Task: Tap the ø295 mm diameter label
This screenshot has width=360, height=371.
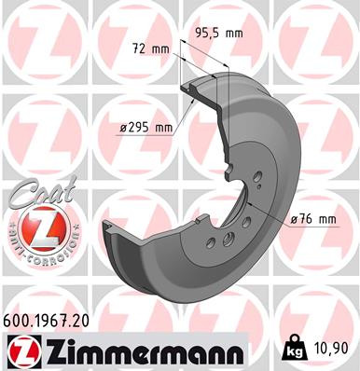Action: [146, 128]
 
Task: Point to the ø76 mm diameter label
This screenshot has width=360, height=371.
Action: [312, 219]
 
